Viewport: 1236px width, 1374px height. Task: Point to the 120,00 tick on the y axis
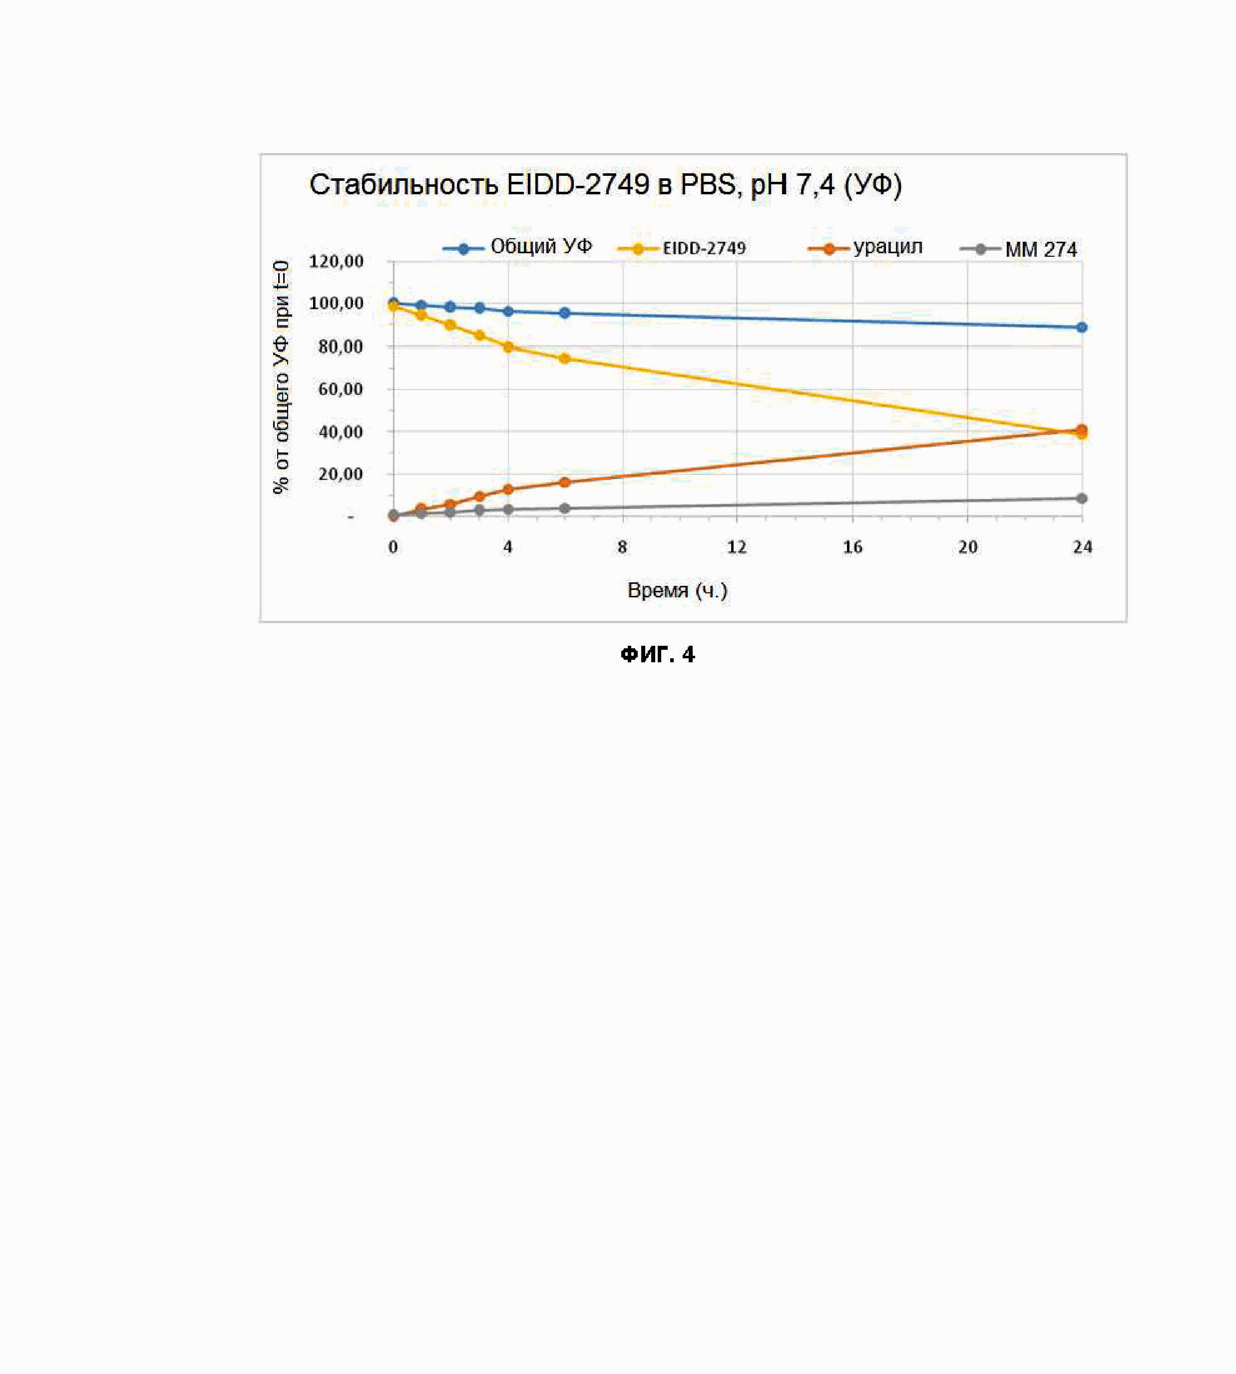coord(336,262)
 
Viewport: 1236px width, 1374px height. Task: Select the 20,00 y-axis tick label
coord(340,474)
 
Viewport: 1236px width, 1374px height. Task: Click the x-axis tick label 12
coord(737,547)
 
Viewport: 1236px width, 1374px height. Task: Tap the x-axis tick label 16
coord(852,547)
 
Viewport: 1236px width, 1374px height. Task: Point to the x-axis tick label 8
coord(622,547)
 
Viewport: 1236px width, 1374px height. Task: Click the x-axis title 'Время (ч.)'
coord(677,590)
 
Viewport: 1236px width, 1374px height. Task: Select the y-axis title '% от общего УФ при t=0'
coord(281,378)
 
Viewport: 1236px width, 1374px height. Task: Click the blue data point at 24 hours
coord(1082,327)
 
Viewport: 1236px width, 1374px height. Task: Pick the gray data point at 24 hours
coord(1082,498)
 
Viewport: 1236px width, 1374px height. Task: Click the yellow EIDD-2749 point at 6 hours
coord(564,358)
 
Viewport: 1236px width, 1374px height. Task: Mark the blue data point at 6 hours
coord(564,313)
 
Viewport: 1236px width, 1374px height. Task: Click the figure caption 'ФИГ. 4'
coord(657,654)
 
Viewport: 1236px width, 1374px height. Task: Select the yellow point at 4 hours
coord(508,347)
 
